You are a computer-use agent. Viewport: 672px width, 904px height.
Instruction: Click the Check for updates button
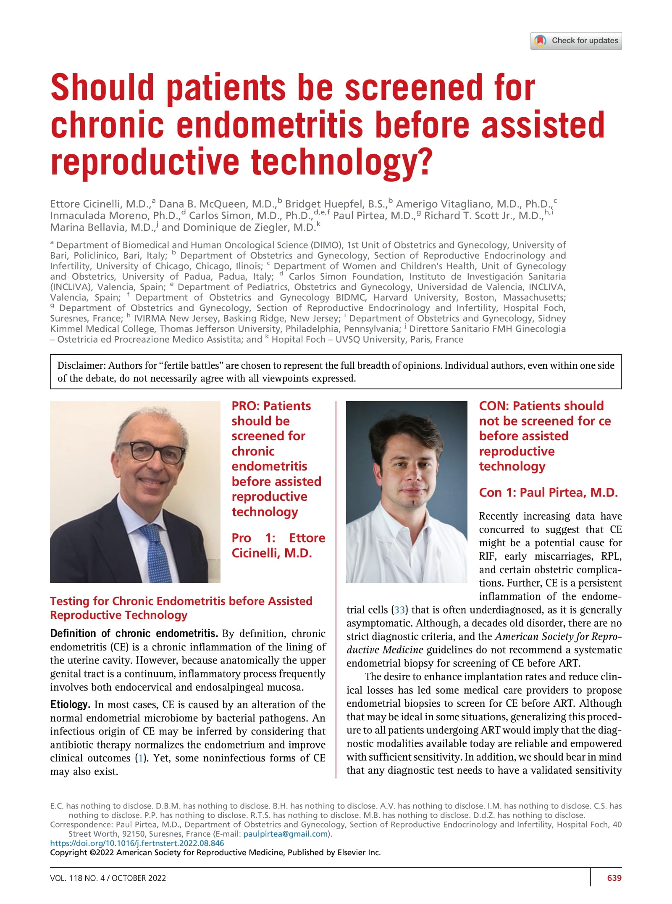576,41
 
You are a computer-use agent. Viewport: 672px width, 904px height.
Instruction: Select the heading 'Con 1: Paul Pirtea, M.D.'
548,492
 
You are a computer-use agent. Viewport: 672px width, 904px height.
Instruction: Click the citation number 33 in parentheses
399,610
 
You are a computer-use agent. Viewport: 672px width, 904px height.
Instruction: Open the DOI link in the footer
137,843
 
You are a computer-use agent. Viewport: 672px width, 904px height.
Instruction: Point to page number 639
614,878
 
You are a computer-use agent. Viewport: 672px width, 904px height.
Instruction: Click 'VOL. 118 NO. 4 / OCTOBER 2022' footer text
108,878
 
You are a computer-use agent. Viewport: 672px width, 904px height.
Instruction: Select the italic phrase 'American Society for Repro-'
558,637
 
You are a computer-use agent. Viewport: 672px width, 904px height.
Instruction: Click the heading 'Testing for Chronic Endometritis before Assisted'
181,601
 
